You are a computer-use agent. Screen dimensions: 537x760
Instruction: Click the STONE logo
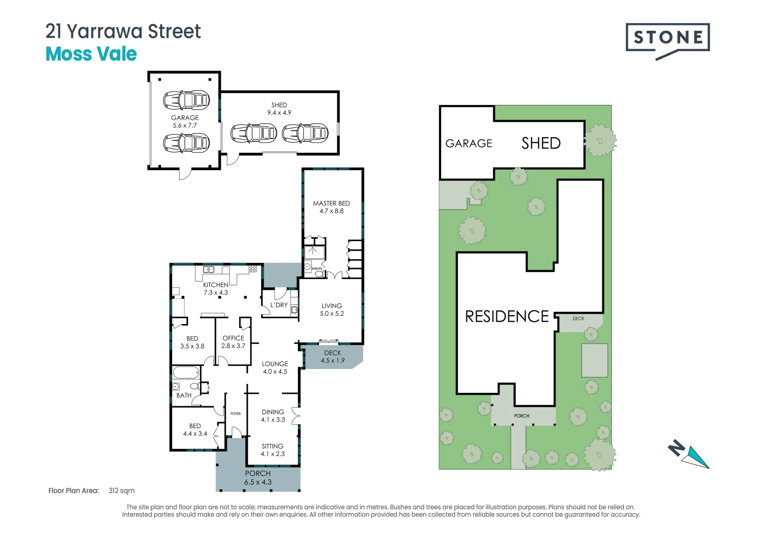(x=667, y=38)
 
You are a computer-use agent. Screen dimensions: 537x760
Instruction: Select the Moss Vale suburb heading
(x=91, y=54)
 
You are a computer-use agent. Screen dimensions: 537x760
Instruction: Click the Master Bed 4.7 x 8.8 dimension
(x=331, y=211)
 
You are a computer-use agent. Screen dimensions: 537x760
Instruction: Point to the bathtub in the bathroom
(x=186, y=372)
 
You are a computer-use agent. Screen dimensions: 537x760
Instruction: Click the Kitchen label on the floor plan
(x=215, y=285)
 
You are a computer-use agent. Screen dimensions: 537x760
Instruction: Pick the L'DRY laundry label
(x=279, y=305)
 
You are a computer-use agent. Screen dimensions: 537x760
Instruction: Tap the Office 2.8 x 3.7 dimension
(x=233, y=346)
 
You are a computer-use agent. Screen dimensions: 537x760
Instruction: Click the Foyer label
(x=236, y=414)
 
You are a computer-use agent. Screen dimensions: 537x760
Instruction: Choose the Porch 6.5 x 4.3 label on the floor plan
(x=258, y=478)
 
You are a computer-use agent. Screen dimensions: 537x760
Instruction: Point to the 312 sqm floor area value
(x=121, y=491)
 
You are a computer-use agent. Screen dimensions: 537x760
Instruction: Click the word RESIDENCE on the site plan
(x=506, y=317)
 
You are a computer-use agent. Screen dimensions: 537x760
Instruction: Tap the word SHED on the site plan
(x=541, y=144)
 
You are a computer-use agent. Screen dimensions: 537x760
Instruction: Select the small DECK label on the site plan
(x=578, y=319)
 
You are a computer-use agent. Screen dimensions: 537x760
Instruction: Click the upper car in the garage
(x=187, y=100)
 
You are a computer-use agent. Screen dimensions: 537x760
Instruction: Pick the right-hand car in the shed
(x=305, y=133)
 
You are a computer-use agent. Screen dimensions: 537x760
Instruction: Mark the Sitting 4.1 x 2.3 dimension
(x=273, y=454)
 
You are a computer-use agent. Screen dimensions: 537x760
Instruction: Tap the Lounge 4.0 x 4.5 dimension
(x=275, y=372)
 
